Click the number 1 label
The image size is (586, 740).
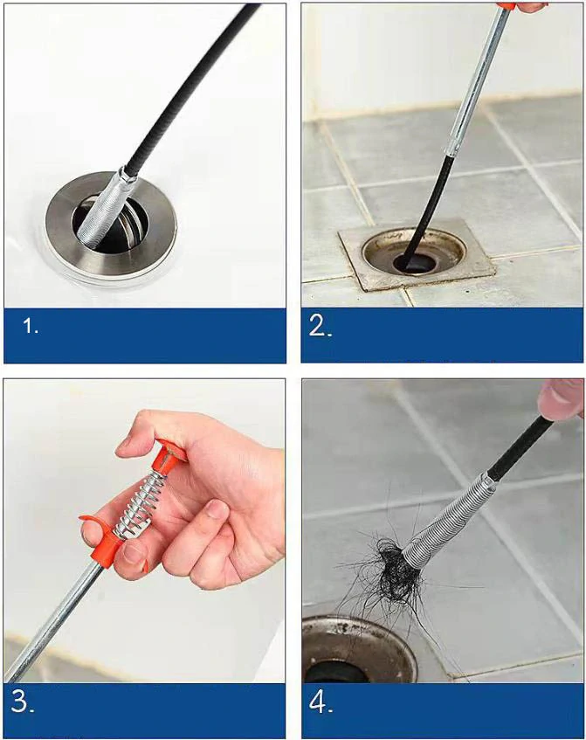pyautogui.click(x=31, y=326)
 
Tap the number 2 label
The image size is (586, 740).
pyautogui.click(x=321, y=326)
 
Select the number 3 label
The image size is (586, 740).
pyautogui.click(x=22, y=702)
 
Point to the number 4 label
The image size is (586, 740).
pyautogui.click(x=321, y=702)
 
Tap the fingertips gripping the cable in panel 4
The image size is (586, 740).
pyautogui.click(x=562, y=398)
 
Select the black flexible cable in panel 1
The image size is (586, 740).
pyautogui.click(x=189, y=84)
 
